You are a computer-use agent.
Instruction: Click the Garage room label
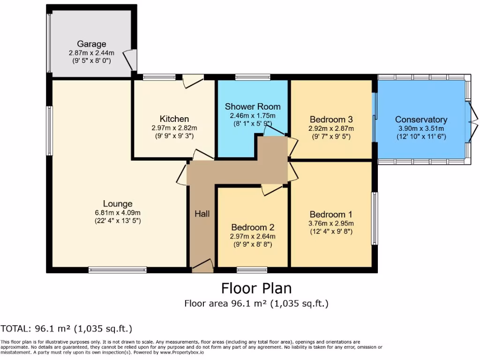click(91, 45)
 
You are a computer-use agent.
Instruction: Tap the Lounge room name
click(118, 203)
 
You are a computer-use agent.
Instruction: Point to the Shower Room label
click(253, 106)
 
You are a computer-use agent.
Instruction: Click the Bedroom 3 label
click(331, 119)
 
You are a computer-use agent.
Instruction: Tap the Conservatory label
click(421, 119)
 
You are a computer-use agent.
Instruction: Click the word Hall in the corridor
click(202, 214)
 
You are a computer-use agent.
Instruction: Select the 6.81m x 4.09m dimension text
click(118, 212)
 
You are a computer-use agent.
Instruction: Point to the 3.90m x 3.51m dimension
click(421, 128)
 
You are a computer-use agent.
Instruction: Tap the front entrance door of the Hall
click(202, 267)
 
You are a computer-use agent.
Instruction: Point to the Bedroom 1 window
click(375, 218)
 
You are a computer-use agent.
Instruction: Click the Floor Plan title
click(256, 287)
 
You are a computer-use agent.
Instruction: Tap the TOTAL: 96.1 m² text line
click(66, 328)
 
